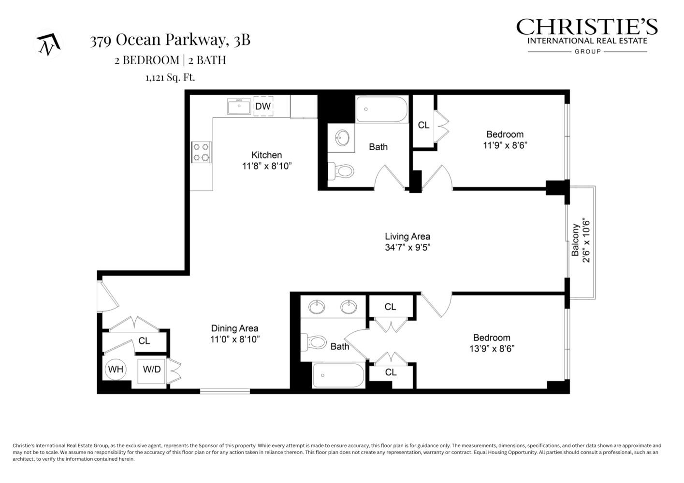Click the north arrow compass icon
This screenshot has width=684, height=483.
point(48,44)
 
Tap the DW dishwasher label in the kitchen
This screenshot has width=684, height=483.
point(263,106)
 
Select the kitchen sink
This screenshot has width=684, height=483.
point(239,107)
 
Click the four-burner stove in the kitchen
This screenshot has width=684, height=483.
point(202,152)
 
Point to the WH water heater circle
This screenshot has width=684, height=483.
point(116,369)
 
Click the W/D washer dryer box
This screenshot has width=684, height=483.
point(152,369)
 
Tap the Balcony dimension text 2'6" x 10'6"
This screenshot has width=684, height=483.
point(586,241)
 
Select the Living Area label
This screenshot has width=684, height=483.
point(407,237)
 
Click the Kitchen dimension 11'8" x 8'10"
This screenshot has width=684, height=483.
point(267,166)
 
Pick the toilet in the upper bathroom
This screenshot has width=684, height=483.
point(342,170)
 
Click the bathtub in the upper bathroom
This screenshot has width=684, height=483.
point(382,110)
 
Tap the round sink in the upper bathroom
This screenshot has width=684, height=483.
point(342,138)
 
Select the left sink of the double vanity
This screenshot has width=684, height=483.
point(317,307)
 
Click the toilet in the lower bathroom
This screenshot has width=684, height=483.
point(314,342)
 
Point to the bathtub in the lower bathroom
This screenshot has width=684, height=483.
point(338,376)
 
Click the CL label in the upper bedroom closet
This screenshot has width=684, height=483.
point(423,125)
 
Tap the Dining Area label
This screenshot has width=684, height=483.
point(234,328)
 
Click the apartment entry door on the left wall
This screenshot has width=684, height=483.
point(106,296)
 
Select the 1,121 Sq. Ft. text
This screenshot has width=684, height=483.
point(170,77)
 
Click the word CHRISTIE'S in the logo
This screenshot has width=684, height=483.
point(587,27)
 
